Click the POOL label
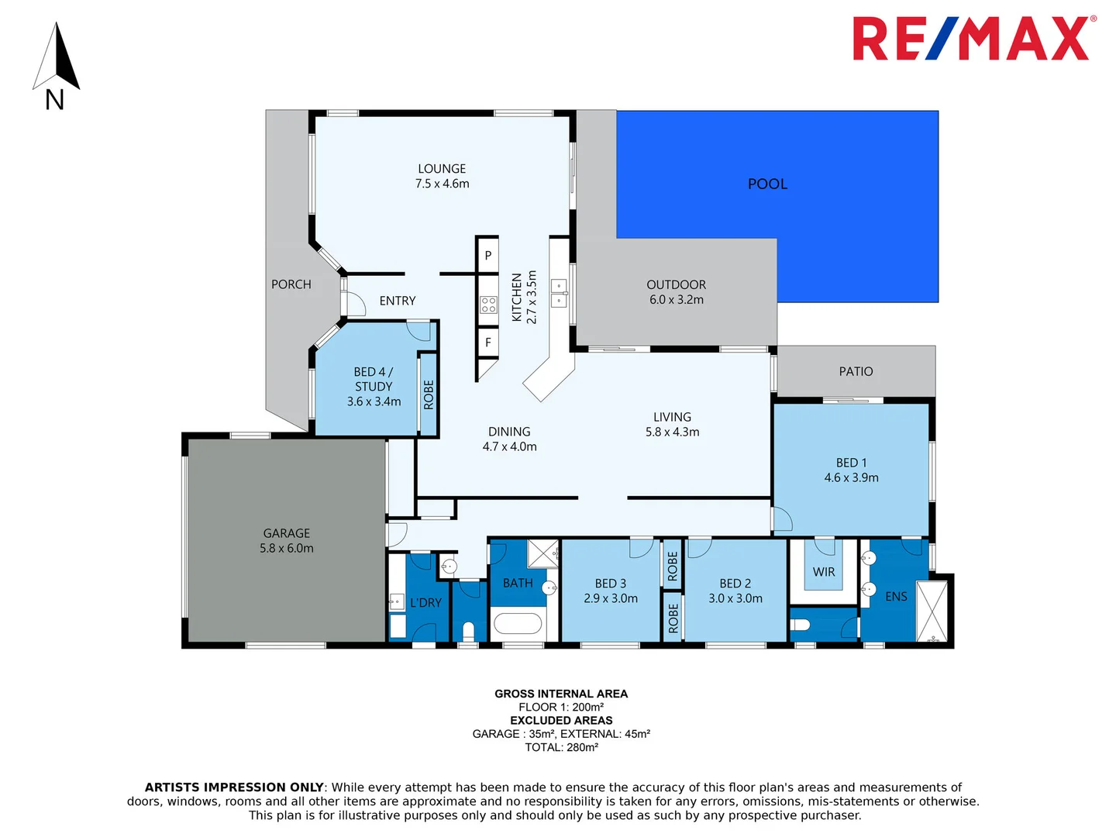point(767,184)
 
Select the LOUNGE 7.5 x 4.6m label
point(442,176)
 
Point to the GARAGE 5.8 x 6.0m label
point(287,541)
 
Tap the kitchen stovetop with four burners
point(488,305)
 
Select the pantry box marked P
point(487,255)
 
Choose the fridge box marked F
point(487,342)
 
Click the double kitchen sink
point(559,294)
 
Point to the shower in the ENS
point(932,611)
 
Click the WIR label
point(824,572)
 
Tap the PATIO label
point(856,371)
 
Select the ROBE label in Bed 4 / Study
point(429,394)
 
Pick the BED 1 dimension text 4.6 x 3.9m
point(851,477)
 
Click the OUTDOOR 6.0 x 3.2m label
point(676,292)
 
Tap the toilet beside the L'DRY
point(468,630)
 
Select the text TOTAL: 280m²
point(561,747)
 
